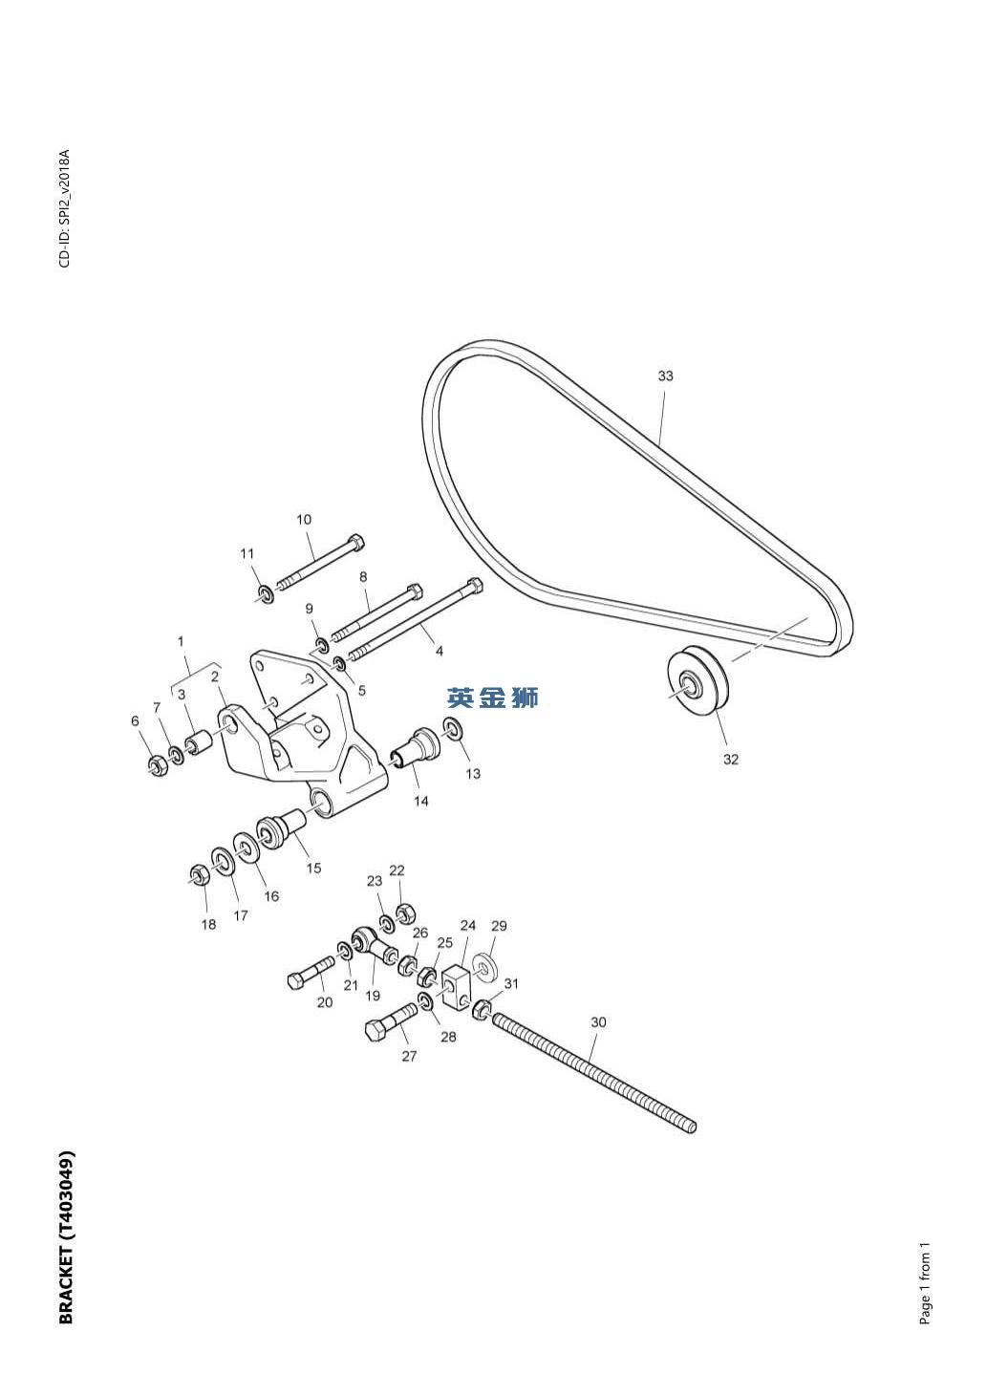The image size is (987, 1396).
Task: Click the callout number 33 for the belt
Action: [x=665, y=376]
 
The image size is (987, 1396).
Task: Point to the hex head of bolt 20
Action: [x=297, y=979]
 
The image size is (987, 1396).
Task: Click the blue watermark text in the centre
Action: [x=493, y=698]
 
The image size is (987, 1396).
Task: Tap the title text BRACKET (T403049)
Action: [x=66, y=1236]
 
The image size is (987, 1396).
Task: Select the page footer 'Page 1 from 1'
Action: [x=924, y=1284]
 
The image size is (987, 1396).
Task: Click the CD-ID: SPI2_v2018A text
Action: [x=65, y=208]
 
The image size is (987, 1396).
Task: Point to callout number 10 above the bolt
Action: [x=304, y=520]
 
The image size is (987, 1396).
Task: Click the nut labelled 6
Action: [x=158, y=764]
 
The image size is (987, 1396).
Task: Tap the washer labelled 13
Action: [x=455, y=730]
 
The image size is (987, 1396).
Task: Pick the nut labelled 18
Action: [x=200, y=873]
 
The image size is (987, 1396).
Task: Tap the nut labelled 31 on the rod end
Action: [x=483, y=1009]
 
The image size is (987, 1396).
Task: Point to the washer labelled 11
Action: [x=266, y=594]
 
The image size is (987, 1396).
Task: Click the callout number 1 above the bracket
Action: [x=182, y=642]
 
